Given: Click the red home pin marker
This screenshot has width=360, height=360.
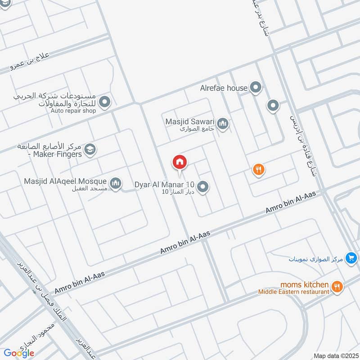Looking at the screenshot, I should [180, 162].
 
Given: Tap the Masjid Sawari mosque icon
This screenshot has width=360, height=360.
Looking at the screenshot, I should [222, 123].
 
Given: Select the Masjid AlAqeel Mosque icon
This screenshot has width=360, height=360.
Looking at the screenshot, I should [116, 183].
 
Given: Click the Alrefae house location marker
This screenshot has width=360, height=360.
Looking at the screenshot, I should [256, 87].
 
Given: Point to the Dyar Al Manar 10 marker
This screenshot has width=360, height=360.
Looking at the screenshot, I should [203, 186].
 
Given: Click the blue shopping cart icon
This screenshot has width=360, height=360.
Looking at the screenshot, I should [351, 258].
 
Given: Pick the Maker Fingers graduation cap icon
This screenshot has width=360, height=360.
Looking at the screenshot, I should [90, 149].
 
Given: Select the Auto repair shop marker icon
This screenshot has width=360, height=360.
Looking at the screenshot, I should [105, 103].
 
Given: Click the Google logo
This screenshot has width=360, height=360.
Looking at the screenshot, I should [19, 353].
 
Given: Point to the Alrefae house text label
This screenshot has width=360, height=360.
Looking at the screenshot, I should [224, 88].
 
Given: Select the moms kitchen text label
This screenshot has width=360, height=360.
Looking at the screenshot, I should [304, 284].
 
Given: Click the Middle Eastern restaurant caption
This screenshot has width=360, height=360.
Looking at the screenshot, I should [293, 292].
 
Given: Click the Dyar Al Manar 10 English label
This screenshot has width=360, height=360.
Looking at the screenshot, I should [164, 184].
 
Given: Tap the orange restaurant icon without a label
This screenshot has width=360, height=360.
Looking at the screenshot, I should [258, 170].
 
